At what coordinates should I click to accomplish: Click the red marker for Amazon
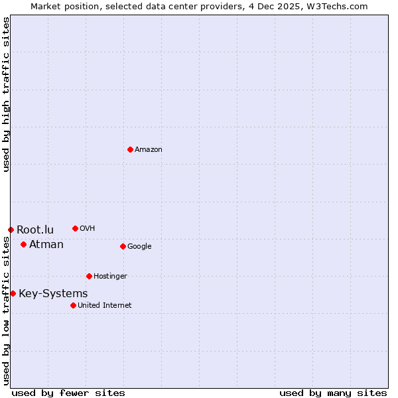[x=130, y=149]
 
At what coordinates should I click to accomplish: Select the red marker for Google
[x=123, y=246]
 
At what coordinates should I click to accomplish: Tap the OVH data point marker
[x=75, y=228]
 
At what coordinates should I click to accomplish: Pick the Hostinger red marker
[x=89, y=276]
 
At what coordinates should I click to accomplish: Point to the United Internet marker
[x=73, y=305]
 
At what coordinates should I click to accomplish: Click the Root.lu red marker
[x=11, y=230]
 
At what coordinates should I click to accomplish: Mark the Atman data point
[x=23, y=244]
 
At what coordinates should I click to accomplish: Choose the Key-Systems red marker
[x=13, y=293]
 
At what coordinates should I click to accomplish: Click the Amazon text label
[x=149, y=150]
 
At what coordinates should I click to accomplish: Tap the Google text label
[x=139, y=247]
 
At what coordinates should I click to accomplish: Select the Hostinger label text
[x=110, y=277]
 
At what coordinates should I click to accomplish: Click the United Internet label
[x=105, y=306]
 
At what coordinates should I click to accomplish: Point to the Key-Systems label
[x=53, y=294]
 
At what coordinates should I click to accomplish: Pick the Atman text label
[x=46, y=245]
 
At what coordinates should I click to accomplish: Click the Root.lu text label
[x=35, y=230]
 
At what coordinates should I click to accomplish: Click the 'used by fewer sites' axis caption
[x=68, y=393]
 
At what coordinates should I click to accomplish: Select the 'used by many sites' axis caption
[x=333, y=393]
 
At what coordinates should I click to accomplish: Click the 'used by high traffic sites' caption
[x=6, y=95]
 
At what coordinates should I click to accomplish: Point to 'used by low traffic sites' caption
[x=6, y=310]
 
